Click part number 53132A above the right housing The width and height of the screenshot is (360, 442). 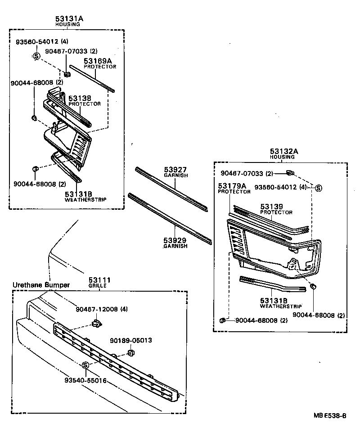click(x=284, y=152)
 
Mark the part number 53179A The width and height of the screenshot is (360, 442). click(x=232, y=185)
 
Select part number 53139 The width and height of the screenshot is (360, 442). click(x=272, y=207)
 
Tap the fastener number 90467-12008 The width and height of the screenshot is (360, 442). click(x=97, y=309)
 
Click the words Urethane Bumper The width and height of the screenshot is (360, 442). click(x=41, y=285)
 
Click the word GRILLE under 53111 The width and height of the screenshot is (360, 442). click(x=100, y=286)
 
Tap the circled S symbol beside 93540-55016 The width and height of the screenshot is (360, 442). click(x=85, y=365)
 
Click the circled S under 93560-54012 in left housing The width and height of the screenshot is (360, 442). click(x=36, y=56)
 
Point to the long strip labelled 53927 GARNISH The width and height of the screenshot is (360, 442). click(x=171, y=188)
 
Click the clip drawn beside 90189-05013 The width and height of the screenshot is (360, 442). click(x=131, y=352)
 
